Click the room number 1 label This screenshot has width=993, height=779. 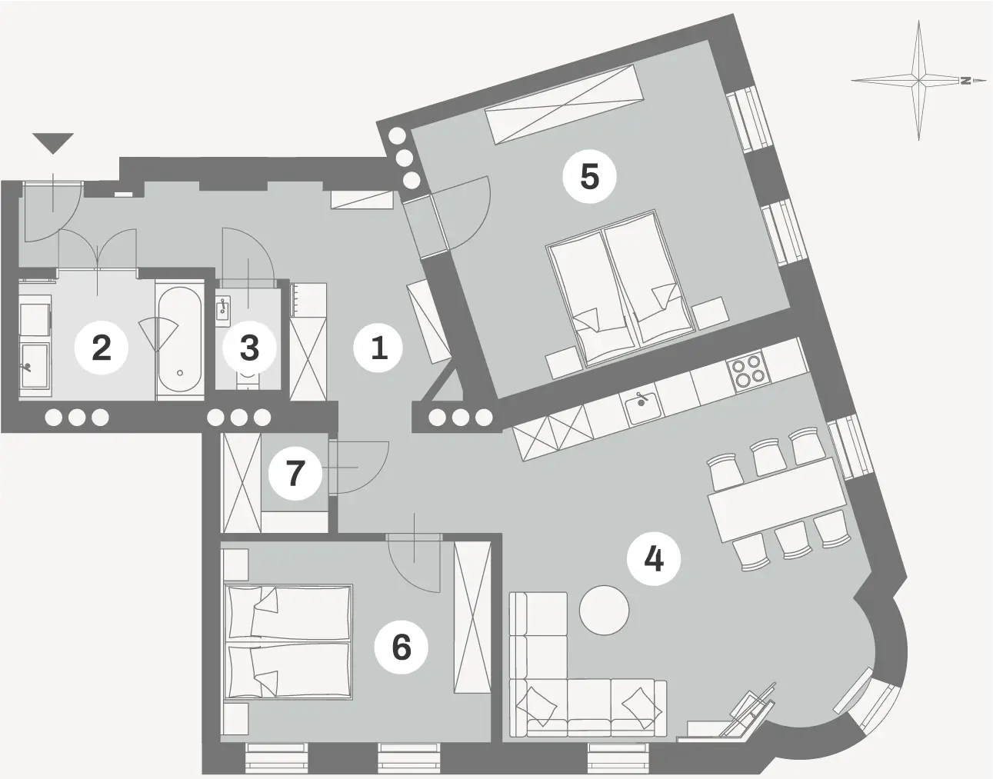point(378,348)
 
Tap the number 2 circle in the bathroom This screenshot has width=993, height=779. point(102,348)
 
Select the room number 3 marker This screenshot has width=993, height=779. point(249,348)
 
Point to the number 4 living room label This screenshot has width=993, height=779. point(654,558)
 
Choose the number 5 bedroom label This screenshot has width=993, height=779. point(589,177)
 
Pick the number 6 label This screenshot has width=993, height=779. point(402,647)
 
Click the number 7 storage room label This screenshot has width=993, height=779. point(295,474)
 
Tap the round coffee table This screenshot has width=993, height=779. point(604,610)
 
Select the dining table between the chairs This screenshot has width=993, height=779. point(777,499)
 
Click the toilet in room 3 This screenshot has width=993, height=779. point(248,381)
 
